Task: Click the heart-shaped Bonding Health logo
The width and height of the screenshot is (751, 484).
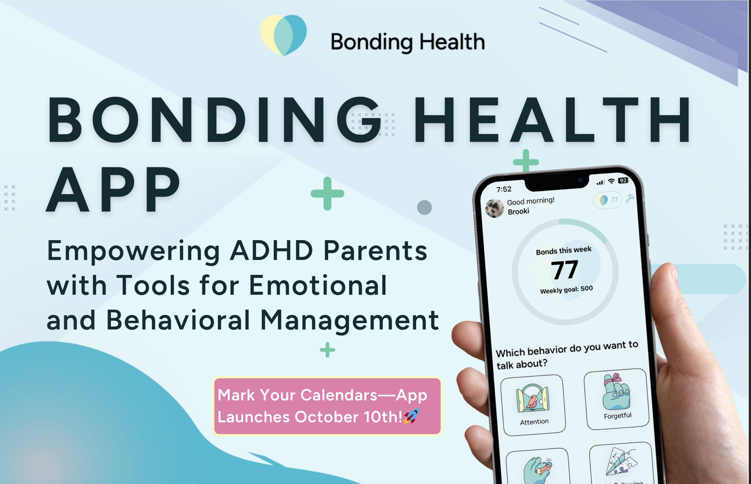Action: tap(283, 35)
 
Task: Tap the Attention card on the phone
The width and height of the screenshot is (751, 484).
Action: tap(533, 405)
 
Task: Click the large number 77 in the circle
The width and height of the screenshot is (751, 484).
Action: tap(565, 270)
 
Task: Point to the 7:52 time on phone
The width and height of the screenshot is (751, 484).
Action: tap(504, 189)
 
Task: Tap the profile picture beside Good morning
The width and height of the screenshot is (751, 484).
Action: tap(495, 208)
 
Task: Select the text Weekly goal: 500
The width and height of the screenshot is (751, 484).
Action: tap(566, 289)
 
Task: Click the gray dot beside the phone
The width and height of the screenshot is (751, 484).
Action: tap(424, 207)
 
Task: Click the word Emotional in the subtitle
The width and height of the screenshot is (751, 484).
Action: tap(318, 285)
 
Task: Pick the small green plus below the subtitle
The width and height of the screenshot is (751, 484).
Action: tap(327, 350)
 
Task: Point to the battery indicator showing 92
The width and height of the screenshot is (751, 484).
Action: tap(623, 180)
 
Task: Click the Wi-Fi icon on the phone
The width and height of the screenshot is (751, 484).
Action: tap(611, 181)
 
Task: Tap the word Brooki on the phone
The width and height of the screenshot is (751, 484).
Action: tap(518, 211)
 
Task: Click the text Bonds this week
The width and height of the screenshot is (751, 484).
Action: tap(564, 251)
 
